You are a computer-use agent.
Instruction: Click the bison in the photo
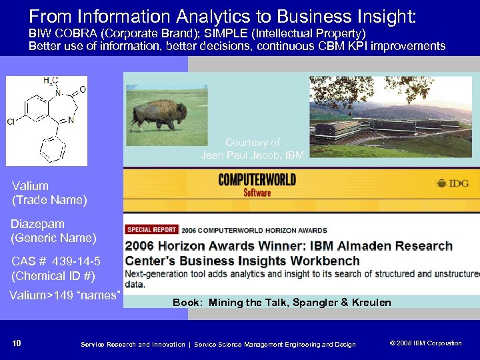click(159, 114)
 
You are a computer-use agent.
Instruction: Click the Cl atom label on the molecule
click(11, 122)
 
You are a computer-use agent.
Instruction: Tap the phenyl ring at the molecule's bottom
click(53, 148)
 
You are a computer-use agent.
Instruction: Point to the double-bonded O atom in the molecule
click(82, 89)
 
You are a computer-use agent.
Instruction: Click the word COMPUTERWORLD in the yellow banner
click(257, 180)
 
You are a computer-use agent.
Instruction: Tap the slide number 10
click(17, 343)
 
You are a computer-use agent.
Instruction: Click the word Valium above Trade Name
click(30, 186)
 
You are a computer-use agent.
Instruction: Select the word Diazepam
click(37, 224)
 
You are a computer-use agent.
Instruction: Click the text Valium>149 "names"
click(65, 295)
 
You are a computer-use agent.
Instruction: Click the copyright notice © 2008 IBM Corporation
click(425, 343)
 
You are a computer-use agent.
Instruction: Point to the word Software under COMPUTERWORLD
click(257, 193)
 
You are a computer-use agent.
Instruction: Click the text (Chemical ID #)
click(53, 275)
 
